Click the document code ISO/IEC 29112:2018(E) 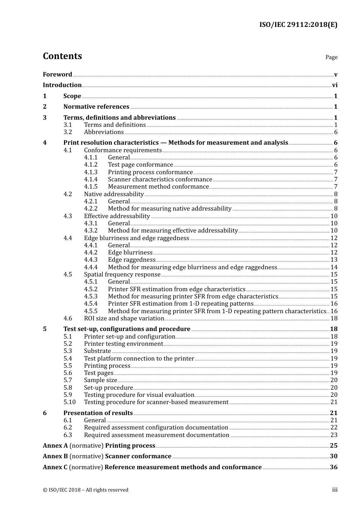[x=298, y=25]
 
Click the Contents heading [x=62, y=56]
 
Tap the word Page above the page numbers [x=331, y=57]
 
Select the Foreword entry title [x=57, y=75]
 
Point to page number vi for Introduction [x=335, y=85]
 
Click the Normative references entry [x=96, y=107]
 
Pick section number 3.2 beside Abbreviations [x=67, y=132]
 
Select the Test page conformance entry [x=140, y=165]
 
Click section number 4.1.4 [x=91, y=180]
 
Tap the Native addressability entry [x=114, y=194]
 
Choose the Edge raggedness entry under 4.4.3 [x=131, y=260]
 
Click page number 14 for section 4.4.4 [x=334, y=267]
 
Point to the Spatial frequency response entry [x=122, y=275]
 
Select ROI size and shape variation [x=124, y=319]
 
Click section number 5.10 [x=69, y=402]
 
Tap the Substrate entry [x=97, y=351]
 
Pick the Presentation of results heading [x=98, y=413]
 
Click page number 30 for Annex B [x=333, y=456]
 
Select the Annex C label [x=55, y=467]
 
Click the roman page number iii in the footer [x=335, y=490]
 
